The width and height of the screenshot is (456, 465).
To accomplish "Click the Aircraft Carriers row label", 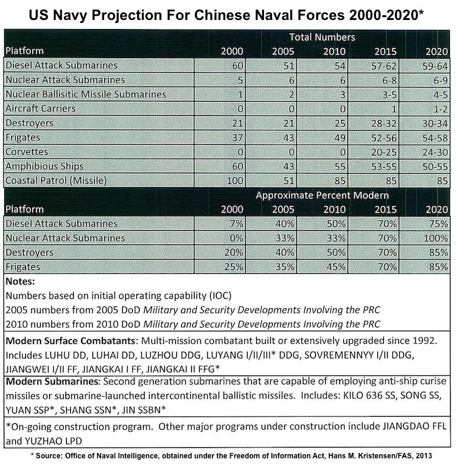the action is point(41,108).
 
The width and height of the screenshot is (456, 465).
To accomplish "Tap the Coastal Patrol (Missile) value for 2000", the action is point(235,180).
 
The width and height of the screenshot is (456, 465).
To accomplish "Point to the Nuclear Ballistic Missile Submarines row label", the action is point(86,94).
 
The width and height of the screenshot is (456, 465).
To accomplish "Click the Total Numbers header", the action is point(322,37).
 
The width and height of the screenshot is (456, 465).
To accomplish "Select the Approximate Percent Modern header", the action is point(322,196).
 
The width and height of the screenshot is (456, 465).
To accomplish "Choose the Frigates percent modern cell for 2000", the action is point(234,267).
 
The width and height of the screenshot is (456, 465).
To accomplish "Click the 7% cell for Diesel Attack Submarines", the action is point(236,223).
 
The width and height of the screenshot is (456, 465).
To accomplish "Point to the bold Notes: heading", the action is point(20,281).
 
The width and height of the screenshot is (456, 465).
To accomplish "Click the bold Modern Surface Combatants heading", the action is point(70,341).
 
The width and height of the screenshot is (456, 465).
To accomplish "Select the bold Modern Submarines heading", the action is point(51,381).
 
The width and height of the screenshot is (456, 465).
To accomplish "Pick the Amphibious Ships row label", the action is point(44,167).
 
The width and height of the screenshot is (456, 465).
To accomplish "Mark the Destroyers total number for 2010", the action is point(340,124).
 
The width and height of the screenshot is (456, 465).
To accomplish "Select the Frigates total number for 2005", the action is point(289,138).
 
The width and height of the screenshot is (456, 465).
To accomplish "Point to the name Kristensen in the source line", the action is point(362,456).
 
